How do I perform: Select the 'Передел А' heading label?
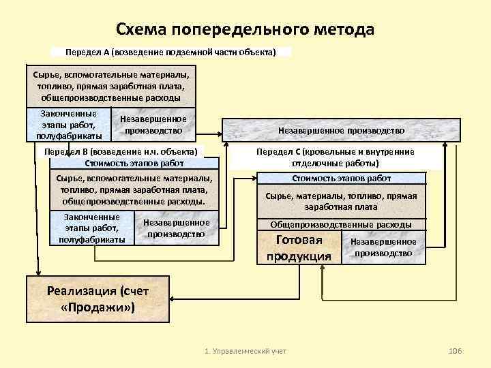[170, 52]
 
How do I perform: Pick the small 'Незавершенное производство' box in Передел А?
[153, 125]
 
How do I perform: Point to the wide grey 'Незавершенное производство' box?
[341, 130]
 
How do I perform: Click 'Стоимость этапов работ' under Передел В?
[134, 163]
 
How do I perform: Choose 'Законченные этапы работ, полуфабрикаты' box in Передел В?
[91, 228]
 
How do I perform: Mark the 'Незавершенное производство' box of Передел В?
[176, 228]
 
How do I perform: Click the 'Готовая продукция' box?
[299, 247]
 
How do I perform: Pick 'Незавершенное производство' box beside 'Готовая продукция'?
[383, 247]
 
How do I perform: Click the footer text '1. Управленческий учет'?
[246, 350]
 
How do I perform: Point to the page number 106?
[455, 350]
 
